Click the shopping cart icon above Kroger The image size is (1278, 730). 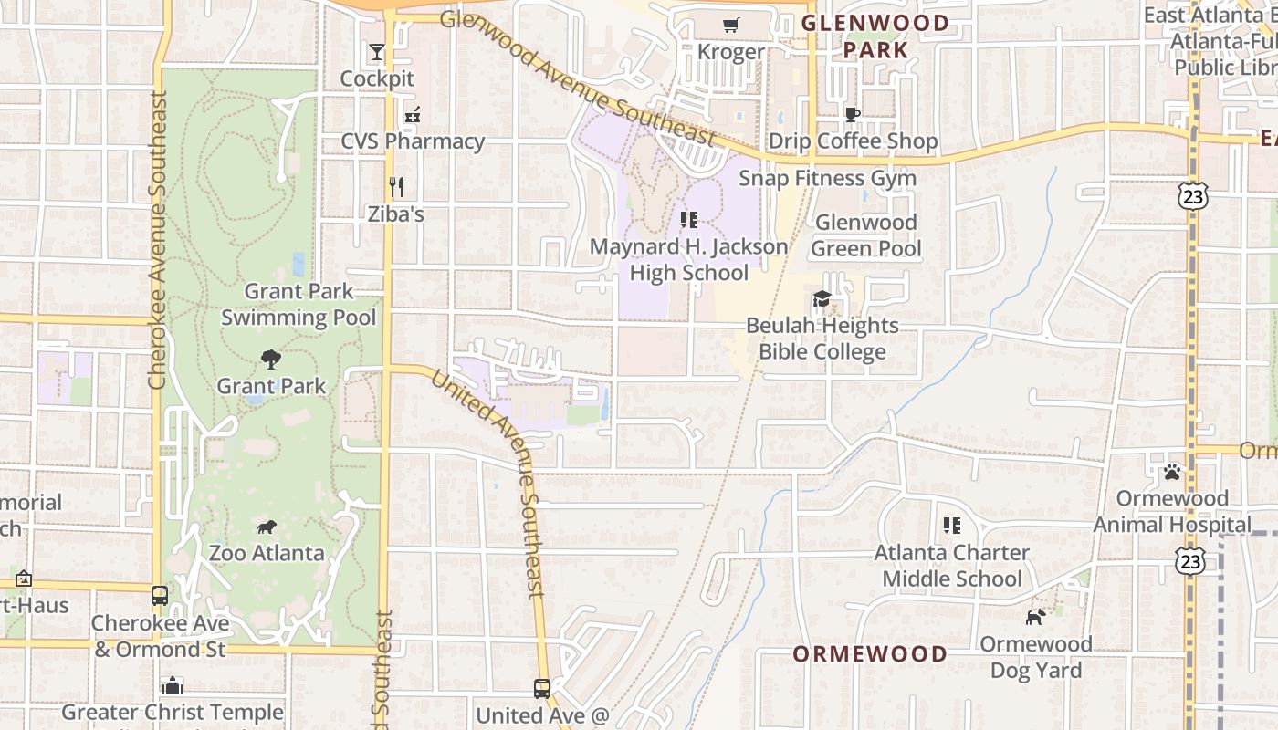click(x=730, y=25)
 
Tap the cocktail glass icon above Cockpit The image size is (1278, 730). click(x=377, y=51)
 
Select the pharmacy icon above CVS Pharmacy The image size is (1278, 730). click(x=413, y=115)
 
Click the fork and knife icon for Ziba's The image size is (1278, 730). click(x=396, y=187)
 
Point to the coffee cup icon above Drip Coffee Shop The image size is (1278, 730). click(x=852, y=114)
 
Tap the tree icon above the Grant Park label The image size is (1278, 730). click(x=270, y=359)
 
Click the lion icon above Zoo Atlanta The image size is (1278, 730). click(x=267, y=527)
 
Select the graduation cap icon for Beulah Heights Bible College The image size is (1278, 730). click(x=822, y=298)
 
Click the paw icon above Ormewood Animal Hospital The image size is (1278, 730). click(x=1172, y=472)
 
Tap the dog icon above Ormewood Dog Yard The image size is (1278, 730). click(x=1035, y=617)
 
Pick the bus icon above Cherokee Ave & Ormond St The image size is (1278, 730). click(x=160, y=596)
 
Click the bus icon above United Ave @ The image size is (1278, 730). click(x=542, y=688)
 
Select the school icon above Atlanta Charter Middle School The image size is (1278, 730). click(x=952, y=526)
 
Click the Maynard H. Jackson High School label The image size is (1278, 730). click(x=688, y=260)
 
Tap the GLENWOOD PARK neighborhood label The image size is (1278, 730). click(x=875, y=36)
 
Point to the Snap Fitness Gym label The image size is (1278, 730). click(x=827, y=178)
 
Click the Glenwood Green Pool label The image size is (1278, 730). click(x=865, y=235)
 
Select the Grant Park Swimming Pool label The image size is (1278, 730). click(x=299, y=305)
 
